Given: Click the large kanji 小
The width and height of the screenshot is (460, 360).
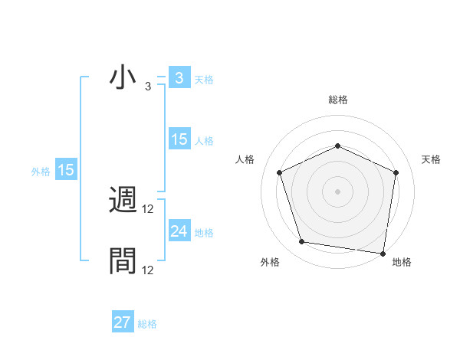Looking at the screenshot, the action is coord(123,79).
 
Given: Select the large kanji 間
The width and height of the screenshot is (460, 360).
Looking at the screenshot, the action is coord(123,260).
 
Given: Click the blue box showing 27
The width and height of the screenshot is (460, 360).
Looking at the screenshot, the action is coord(123,322).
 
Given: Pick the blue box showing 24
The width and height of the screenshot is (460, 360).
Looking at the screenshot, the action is coord(179,231).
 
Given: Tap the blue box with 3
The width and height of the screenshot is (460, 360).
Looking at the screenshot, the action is coord(179,78).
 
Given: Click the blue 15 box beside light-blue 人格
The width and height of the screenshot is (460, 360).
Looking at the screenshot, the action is coord(179,139).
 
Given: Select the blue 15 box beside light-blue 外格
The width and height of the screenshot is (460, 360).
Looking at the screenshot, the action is coord(66,170).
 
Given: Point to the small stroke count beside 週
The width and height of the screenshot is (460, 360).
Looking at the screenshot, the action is coord(148,209).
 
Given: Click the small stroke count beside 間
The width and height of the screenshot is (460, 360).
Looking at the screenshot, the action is coord(148,270).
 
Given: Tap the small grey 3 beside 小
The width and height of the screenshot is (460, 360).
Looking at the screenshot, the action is coord(148,87).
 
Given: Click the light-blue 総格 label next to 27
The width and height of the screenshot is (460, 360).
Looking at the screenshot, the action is coord(147,324).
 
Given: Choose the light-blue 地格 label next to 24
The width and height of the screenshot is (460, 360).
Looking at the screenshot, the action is coord(204,232).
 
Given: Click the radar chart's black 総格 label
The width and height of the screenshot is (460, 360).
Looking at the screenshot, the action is coord(337,100).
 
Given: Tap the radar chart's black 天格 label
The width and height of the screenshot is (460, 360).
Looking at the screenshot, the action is coord(431,159).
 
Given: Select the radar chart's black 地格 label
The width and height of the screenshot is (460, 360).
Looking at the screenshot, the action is coord(402,263).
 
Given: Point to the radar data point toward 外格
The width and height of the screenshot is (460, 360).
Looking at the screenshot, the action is coord(302,242).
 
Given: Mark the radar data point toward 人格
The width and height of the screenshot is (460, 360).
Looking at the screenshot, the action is coord(280,172).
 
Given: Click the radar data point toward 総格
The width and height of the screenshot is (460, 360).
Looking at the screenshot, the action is coord(337,146).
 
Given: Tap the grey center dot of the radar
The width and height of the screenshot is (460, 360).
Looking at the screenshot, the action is coord(337,191).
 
